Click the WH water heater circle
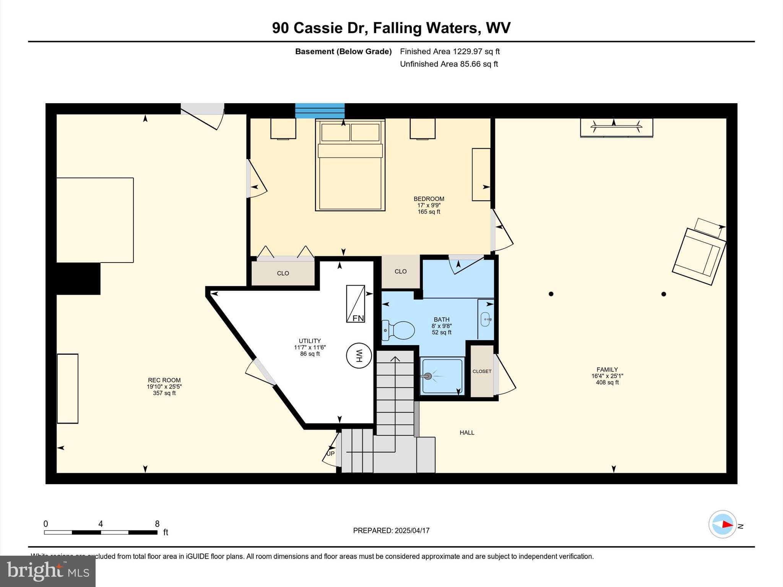(359, 355)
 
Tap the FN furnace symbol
(355, 304)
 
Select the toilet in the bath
(398, 330)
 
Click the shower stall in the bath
(442, 376)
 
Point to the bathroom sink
(486, 319)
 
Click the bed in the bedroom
(350, 165)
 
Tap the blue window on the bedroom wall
(320, 111)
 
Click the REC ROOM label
(164, 380)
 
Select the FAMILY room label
(607, 370)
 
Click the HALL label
(467, 433)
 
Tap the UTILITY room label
(310, 341)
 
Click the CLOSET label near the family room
(482, 371)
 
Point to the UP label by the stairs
(330, 454)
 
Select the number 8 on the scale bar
(157, 524)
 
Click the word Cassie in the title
(318, 28)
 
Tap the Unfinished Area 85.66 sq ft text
(449, 64)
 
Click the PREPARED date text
(391, 530)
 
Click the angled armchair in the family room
(699, 256)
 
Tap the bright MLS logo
(48, 571)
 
